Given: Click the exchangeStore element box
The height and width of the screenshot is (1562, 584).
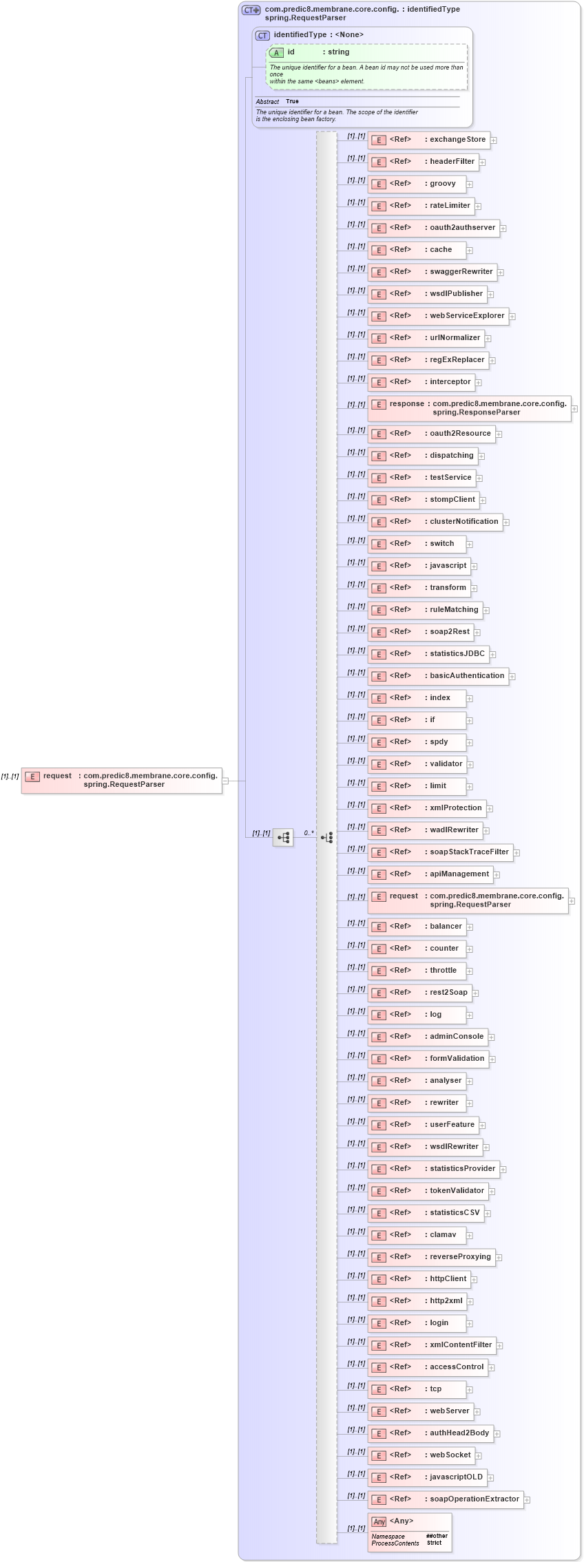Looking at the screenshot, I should click(x=428, y=140).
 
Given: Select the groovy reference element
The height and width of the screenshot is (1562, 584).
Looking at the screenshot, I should click(x=416, y=184).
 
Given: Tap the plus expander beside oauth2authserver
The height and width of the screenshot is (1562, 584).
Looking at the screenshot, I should click(x=503, y=229).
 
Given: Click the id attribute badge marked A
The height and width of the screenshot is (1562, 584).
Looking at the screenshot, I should click(x=276, y=53).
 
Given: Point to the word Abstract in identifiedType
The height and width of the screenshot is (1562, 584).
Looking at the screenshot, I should click(x=267, y=102).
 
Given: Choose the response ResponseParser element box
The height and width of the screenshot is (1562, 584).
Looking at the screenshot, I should click(x=469, y=408).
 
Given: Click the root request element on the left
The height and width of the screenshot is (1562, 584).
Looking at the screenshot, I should click(x=121, y=781).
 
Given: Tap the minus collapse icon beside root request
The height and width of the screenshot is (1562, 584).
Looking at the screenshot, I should click(x=225, y=781).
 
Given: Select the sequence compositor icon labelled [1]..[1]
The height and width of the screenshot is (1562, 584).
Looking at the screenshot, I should click(x=283, y=838).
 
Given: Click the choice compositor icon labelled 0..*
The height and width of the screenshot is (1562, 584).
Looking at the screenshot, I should click(x=326, y=838).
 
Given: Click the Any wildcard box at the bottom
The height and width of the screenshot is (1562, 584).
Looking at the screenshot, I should click(x=409, y=1532).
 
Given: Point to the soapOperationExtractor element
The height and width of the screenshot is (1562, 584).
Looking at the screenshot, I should click(x=445, y=1499).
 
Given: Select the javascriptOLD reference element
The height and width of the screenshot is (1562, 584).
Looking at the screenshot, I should click(x=427, y=1477).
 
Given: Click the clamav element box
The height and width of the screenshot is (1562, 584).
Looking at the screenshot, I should click(x=416, y=1235).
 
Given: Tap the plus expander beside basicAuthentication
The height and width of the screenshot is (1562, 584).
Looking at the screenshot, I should click(x=512, y=677).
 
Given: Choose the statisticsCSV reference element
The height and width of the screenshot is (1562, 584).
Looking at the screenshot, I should click(x=425, y=1213).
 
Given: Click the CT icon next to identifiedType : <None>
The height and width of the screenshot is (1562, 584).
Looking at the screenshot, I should click(x=262, y=36).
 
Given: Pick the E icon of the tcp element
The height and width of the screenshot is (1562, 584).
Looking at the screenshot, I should click(x=378, y=1389).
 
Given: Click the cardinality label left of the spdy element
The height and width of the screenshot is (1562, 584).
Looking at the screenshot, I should click(x=356, y=739).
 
